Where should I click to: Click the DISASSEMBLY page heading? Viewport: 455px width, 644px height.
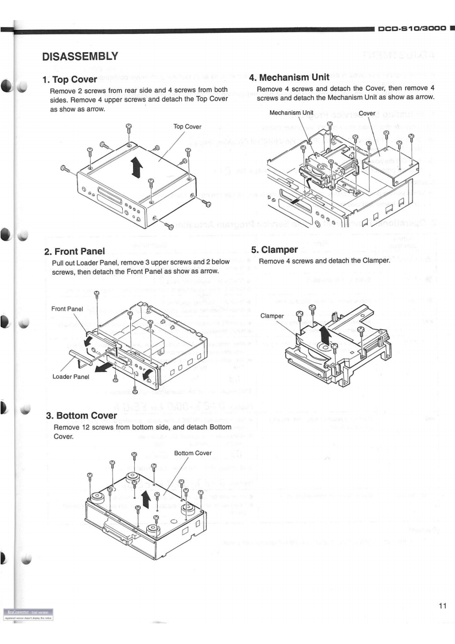click(x=80, y=56)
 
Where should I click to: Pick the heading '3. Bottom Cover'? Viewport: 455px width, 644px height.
click(x=86, y=414)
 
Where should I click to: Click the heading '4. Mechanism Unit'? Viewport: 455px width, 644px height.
click(x=297, y=77)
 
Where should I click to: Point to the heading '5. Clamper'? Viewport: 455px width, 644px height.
click(x=277, y=250)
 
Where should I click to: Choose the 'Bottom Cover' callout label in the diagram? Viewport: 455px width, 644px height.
click(x=193, y=453)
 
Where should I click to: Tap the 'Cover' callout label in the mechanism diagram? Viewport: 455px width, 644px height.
click(x=367, y=113)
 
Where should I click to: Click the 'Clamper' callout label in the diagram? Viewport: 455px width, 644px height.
click(x=273, y=316)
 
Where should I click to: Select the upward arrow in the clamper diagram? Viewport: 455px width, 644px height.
click(x=326, y=333)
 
